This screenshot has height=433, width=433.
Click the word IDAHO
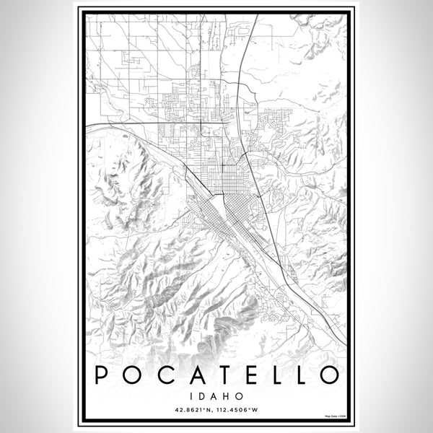pyautogui.click(x=216, y=396)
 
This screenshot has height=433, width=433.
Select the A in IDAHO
pyautogui.click(x=216, y=396)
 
